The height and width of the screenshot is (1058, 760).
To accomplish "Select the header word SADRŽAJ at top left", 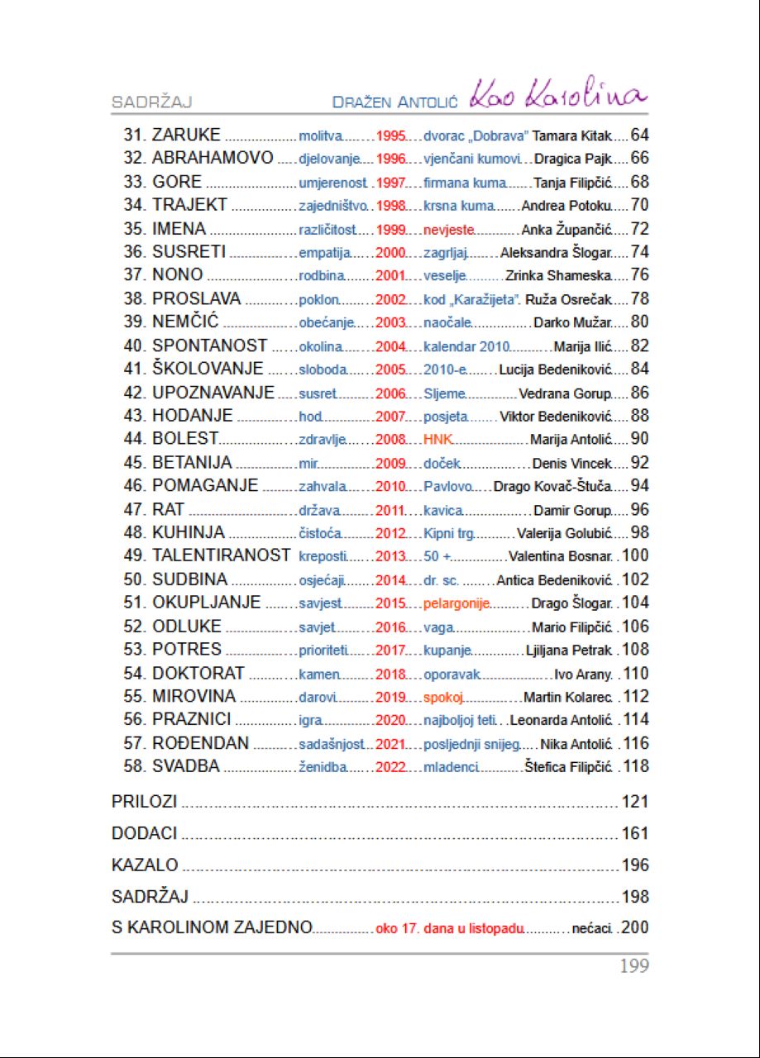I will [x=152, y=102].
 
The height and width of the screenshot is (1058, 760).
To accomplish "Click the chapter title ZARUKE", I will [x=186, y=136].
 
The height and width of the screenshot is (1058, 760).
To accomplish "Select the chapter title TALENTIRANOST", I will [x=221, y=555].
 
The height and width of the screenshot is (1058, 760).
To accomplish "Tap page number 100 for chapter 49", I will [x=635, y=555].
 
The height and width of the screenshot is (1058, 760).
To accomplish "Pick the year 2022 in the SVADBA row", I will [x=390, y=766].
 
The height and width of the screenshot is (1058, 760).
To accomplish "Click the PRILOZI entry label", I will [x=145, y=802].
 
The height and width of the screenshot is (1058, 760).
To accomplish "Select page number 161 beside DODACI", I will [x=635, y=833].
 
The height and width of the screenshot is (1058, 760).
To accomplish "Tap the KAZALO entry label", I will [x=145, y=865].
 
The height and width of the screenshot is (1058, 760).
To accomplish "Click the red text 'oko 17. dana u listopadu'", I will [x=449, y=928].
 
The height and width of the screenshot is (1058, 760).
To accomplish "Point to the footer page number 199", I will [x=634, y=965].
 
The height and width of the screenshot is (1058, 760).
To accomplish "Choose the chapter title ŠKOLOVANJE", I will [x=208, y=369].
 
